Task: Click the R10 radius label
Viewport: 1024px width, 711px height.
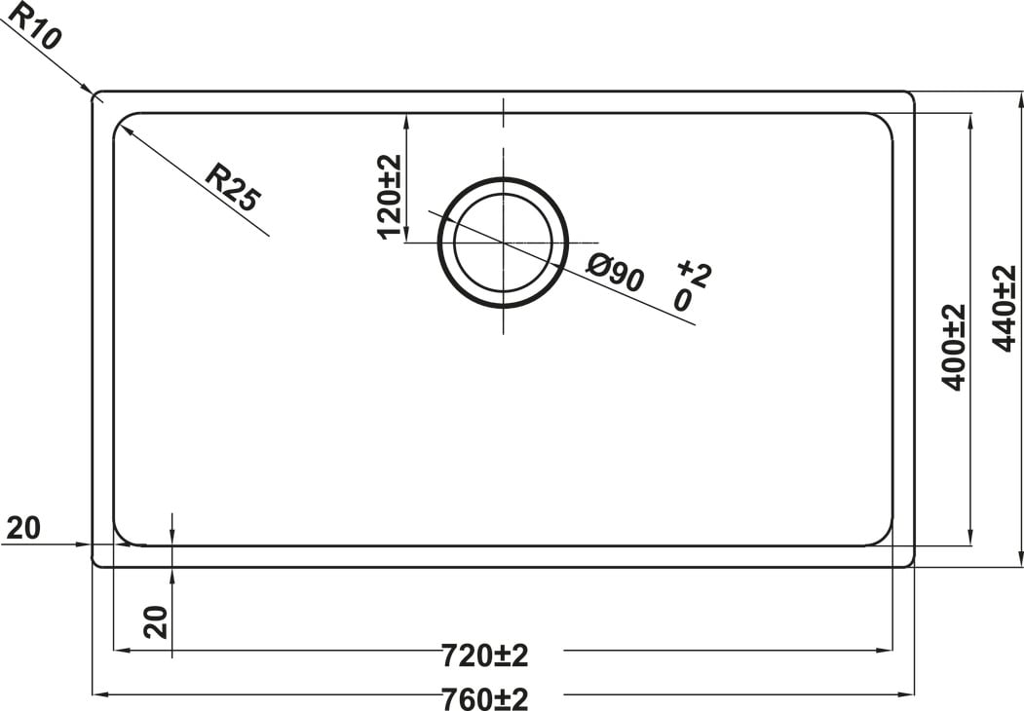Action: (34, 24)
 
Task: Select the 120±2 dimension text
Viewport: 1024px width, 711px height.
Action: (389, 197)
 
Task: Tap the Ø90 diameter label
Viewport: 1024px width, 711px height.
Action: (615, 273)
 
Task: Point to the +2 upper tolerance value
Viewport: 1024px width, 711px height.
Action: (695, 273)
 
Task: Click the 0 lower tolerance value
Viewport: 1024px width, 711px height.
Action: (682, 301)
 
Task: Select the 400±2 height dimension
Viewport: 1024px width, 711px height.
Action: (954, 347)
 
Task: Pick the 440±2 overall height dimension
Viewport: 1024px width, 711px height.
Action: (1005, 308)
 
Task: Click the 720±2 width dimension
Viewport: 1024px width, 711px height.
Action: (484, 655)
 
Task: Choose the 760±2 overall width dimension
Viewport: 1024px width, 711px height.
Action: (484, 699)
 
